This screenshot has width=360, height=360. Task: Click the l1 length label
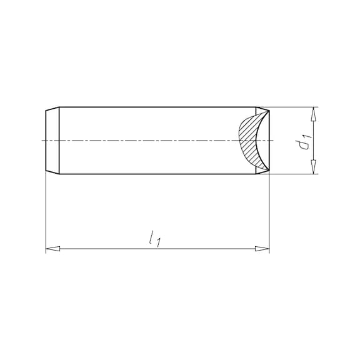click(154, 238)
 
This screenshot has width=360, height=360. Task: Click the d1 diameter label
click(304, 141)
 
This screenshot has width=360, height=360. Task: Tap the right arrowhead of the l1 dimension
click(262, 249)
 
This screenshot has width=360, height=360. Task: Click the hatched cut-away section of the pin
click(249, 141)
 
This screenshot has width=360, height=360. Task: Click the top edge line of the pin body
click(156, 107)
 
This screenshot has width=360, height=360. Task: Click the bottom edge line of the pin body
click(156, 174)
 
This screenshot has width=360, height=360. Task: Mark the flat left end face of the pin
click(46, 141)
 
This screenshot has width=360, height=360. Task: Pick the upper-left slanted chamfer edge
click(52, 109)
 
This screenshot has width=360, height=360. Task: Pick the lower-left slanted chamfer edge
click(52, 172)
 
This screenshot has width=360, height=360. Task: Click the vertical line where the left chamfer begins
click(59, 141)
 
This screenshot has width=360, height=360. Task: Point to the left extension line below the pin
click(46, 212)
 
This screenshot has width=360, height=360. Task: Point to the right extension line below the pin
click(269, 212)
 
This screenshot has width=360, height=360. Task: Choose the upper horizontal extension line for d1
click(294, 107)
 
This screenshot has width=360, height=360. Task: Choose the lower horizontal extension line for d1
click(294, 174)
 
